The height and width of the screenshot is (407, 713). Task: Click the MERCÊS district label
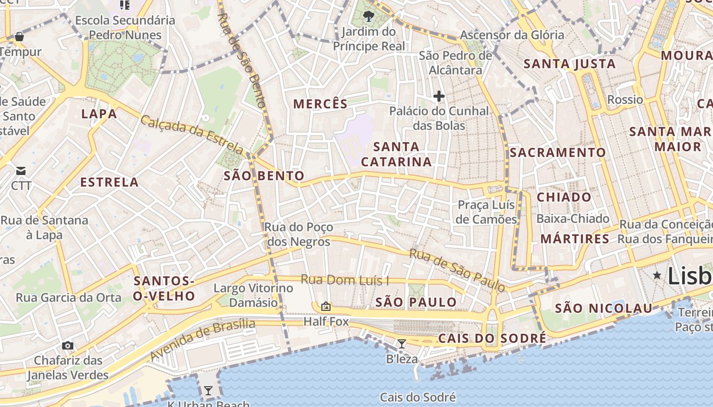320,104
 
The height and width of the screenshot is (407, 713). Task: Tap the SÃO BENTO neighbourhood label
264,176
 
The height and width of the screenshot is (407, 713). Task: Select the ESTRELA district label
109,182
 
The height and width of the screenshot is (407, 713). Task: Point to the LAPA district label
99,114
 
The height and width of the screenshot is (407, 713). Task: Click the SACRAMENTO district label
558,153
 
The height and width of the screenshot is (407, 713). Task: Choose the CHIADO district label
564,197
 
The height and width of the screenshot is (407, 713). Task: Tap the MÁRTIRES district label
574,239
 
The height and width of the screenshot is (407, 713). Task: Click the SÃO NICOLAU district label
604,308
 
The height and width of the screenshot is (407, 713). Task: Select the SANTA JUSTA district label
570,64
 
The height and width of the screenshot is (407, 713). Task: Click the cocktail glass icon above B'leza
402,344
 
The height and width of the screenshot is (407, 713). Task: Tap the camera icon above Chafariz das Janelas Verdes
68,346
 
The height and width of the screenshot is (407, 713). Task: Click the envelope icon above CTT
21,170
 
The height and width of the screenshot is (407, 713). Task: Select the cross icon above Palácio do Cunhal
438,96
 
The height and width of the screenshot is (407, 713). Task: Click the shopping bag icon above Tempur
19,37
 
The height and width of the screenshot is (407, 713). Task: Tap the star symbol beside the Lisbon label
657,275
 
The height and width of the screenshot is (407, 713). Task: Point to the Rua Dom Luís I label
344,280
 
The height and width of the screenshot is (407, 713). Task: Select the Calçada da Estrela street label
192,134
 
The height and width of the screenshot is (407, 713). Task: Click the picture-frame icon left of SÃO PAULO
326,306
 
